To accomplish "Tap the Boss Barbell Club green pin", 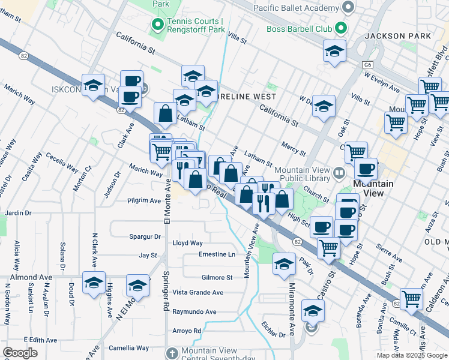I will [341, 28].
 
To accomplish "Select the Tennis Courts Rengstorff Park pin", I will [158, 25].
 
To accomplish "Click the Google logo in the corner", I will [20, 353].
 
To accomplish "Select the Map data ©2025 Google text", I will [412, 355].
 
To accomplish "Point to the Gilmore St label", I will [217, 278].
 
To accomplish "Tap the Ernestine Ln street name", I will [217, 254].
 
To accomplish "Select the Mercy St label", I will [294, 146].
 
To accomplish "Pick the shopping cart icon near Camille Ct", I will [412, 297].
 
